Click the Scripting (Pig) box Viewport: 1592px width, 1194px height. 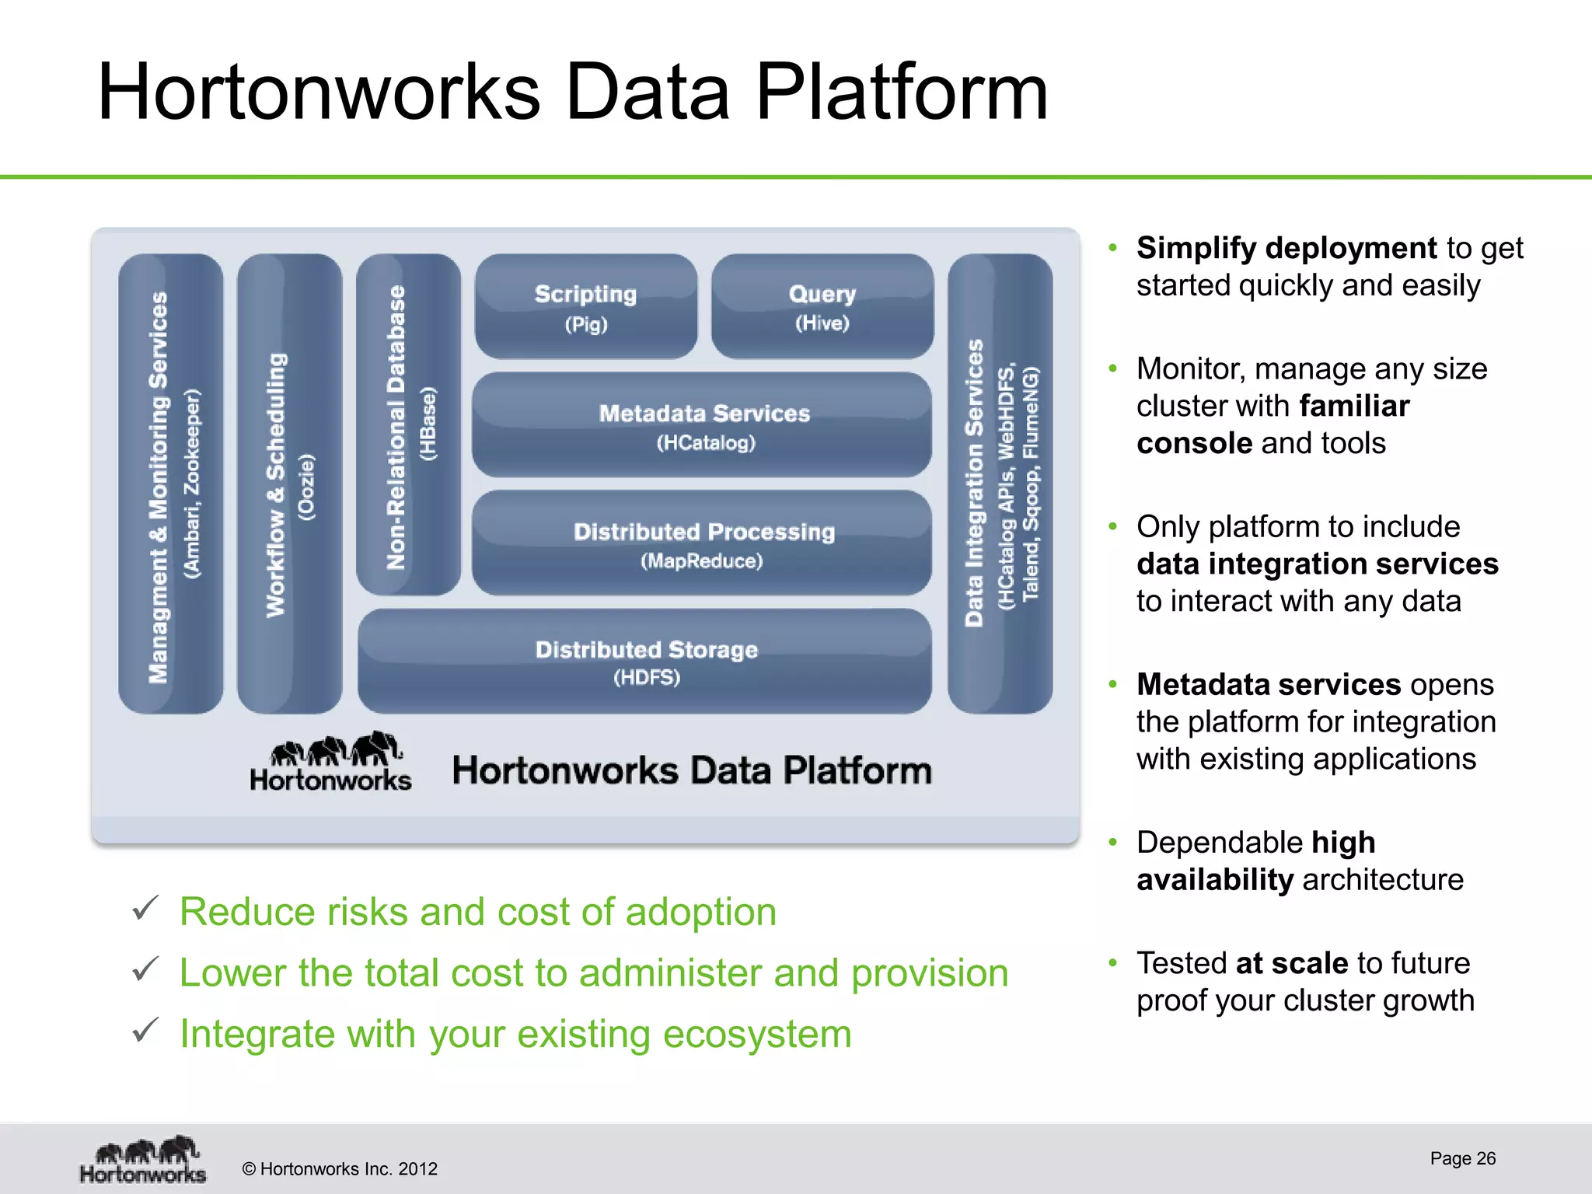pyautogui.click(x=585, y=306)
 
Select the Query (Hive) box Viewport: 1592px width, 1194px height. pyautogui.click(x=822, y=306)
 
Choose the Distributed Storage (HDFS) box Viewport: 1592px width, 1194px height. pyautogui.click(x=644, y=662)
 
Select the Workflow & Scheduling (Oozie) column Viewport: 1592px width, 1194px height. pyautogui.click(x=289, y=484)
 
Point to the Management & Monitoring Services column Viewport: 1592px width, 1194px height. pyautogui.click(x=170, y=484)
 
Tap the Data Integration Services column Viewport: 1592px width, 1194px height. pyautogui.click(x=1000, y=484)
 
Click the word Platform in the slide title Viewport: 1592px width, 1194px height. pyautogui.click(x=901, y=93)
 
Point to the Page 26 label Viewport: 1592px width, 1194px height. pyautogui.click(x=1462, y=1158)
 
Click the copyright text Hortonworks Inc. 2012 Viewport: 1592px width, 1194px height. pyautogui.click(x=340, y=1169)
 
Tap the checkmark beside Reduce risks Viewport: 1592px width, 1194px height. pyautogui.click(x=145, y=908)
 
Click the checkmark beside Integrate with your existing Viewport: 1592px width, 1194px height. pyautogui.click(x=145, y=1030)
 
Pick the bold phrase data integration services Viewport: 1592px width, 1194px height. pyautogui.click(x=1317, y=564)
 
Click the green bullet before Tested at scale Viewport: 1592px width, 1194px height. pyautogui.click(x=1112, y=962)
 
